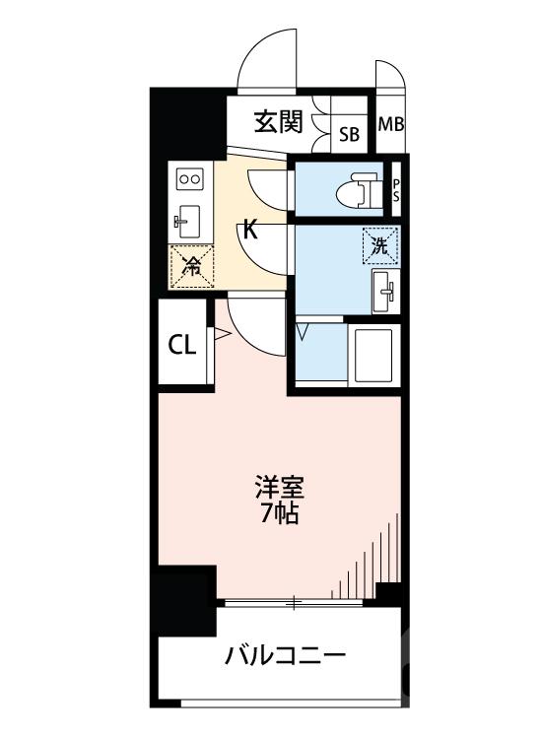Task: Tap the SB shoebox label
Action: [350, 134]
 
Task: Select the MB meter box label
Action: [391, 125]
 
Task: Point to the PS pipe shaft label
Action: [397, 188]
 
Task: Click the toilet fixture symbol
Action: [364, 188]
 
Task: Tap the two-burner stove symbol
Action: [188, 178]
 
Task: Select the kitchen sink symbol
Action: [188, 219]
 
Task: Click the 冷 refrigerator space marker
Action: [188, 265]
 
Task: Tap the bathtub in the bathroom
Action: [373, 354]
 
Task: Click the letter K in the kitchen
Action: [250, 232]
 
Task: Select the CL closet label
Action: [182, 345]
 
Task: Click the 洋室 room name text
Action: [280, 487]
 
